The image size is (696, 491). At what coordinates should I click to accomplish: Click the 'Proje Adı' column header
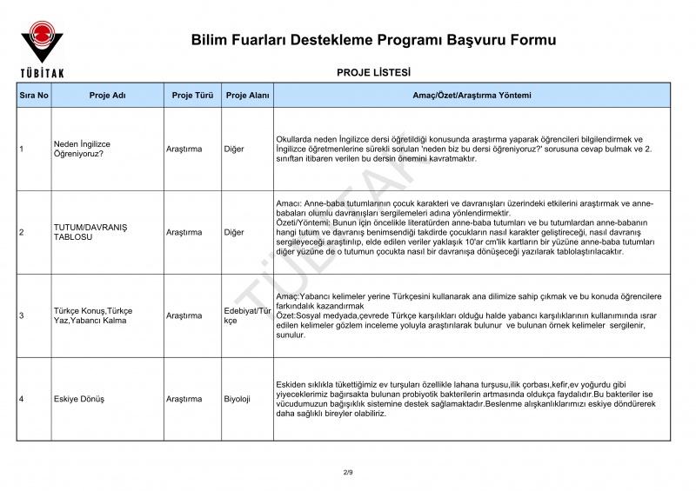pyautogui.click(x=108, y=95)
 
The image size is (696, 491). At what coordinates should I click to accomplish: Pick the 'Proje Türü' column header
pyautogui.click(x=192, y=95)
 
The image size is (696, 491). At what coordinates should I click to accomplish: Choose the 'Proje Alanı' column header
pyautogui.click(x=247, y=95)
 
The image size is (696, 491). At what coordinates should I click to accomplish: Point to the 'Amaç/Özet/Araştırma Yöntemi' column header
pyautogui.click(x=472, y=95)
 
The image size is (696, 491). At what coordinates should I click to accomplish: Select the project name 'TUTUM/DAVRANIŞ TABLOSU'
pyautogui.click(x=90, y=232)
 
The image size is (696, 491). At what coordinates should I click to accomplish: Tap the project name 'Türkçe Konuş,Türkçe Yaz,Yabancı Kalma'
pyautogui.click(x=93, y=315)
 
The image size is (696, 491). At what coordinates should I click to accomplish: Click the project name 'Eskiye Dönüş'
pyautogui.click(x=79, y=399)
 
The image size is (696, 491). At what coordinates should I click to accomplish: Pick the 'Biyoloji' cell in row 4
pyautogui.click(x=237, y=399)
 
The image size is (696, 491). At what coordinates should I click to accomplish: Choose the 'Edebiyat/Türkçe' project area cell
pyautogui.click(x=248, y=315)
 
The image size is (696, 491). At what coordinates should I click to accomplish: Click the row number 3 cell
pyautogui.click(x=21, y=315)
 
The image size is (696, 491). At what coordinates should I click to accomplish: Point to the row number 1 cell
pyautogui.click(x=21, y=149)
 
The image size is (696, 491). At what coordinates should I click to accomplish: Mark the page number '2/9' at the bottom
pyautogui.click(x=348, y=472)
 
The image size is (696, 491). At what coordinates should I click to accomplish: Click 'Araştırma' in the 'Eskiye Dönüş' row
pyautogui.click(x=184, y=399)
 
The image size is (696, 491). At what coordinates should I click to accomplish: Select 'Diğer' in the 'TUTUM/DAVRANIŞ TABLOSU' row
pyautogui.click(x=234, y=232)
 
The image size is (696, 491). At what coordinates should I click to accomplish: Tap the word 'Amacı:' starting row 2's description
pyautogui.click(x=289, y=202)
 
